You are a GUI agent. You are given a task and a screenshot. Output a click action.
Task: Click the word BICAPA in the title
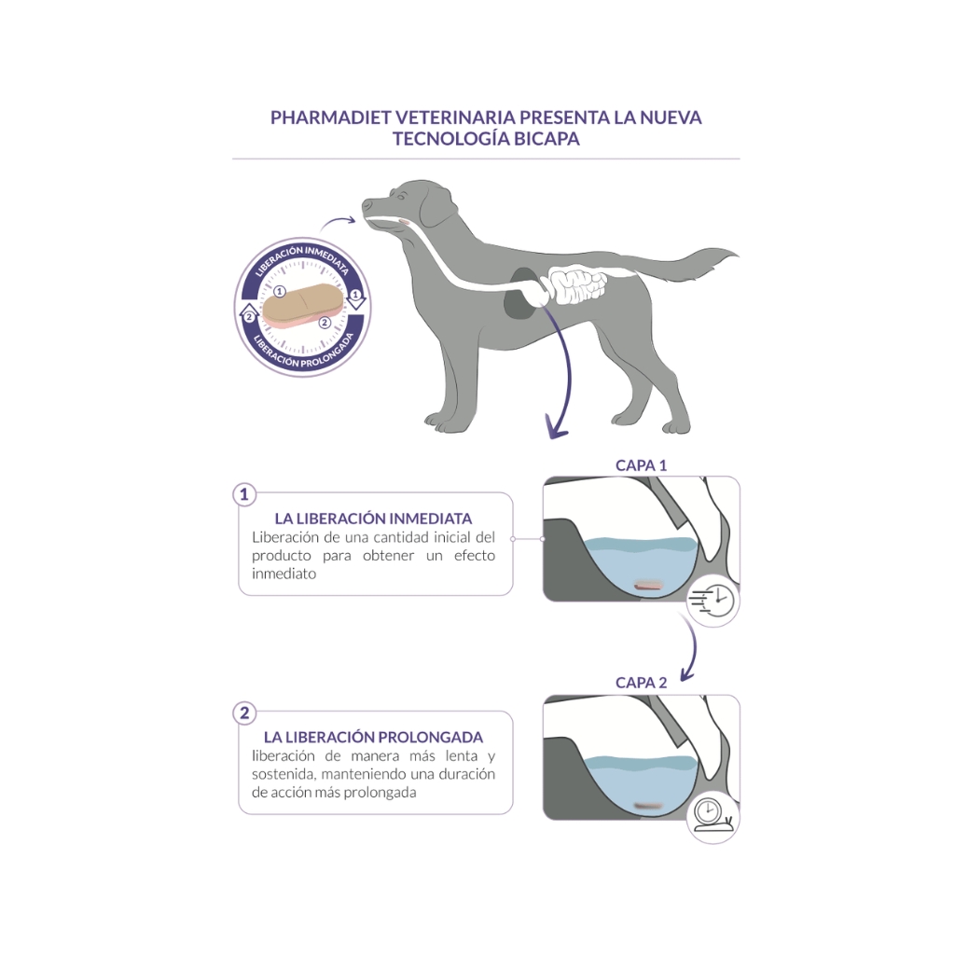(547, 139)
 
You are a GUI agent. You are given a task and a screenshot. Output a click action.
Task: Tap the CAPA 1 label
(641, 465)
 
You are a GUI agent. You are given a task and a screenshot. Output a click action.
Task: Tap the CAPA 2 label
(641, 683)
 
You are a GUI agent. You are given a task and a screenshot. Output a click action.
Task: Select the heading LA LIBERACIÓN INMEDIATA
(373, 519)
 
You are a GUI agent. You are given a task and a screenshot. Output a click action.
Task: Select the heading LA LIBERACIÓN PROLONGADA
(373, 737)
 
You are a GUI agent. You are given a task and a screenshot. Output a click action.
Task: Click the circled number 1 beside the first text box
(244, 494)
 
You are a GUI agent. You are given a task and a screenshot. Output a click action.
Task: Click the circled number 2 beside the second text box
(244, 713)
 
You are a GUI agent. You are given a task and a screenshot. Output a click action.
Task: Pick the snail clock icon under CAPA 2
(713, 818)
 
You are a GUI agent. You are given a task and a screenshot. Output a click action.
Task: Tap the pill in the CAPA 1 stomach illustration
(647, 586)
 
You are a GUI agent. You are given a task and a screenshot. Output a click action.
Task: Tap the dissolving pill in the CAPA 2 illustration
(647, 805)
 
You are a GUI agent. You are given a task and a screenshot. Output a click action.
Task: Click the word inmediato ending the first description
(284, 574)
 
